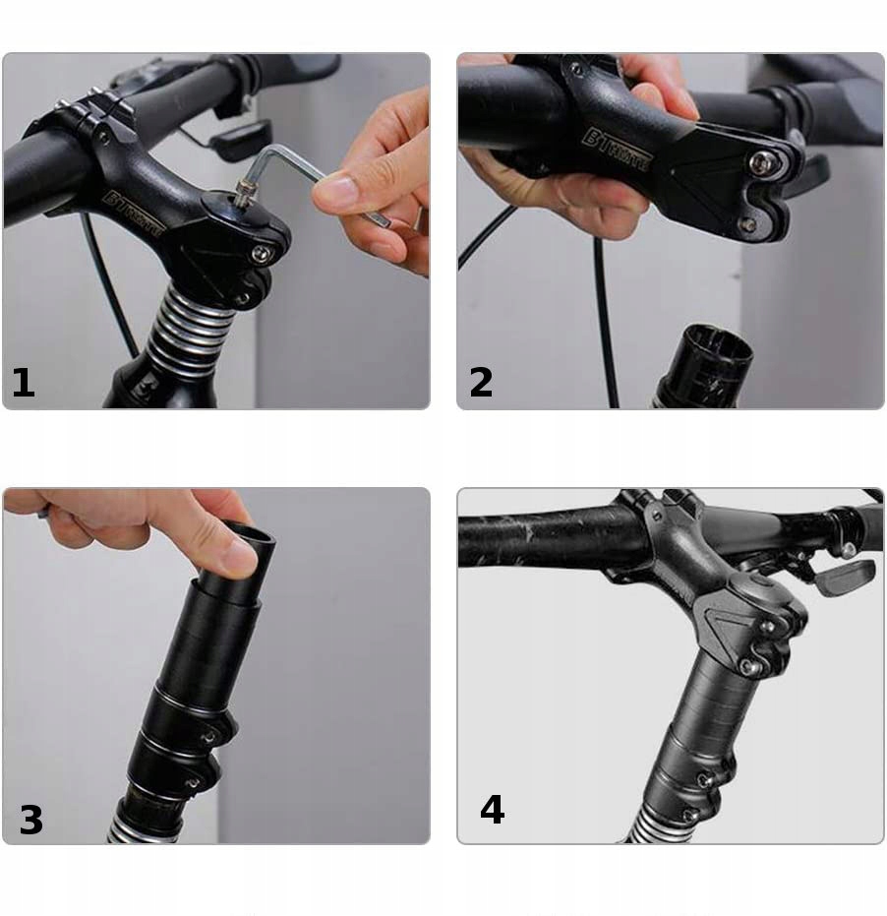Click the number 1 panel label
point(24,382)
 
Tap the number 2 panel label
point(481,382)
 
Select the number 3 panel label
point(30,819)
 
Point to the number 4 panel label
point(492,810)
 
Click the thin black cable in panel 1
point(108,285)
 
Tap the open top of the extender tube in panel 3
point(250,536)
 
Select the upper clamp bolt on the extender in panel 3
point(209,735)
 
